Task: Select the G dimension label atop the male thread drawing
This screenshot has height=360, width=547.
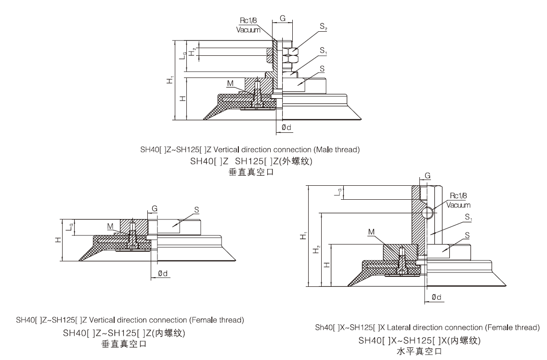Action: click(283, 18)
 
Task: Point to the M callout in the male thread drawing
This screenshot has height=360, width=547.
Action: click(230, 83)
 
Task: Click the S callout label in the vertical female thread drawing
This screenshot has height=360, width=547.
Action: click(196, 210)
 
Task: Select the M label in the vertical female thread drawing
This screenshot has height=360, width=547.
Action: click(110, 226)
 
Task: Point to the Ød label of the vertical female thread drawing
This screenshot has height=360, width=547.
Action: click(163, 273)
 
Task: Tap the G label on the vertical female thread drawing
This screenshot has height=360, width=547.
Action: click(155, 208)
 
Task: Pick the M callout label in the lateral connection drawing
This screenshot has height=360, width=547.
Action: click(371, 232)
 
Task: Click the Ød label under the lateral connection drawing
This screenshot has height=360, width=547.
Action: click(436, 297)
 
